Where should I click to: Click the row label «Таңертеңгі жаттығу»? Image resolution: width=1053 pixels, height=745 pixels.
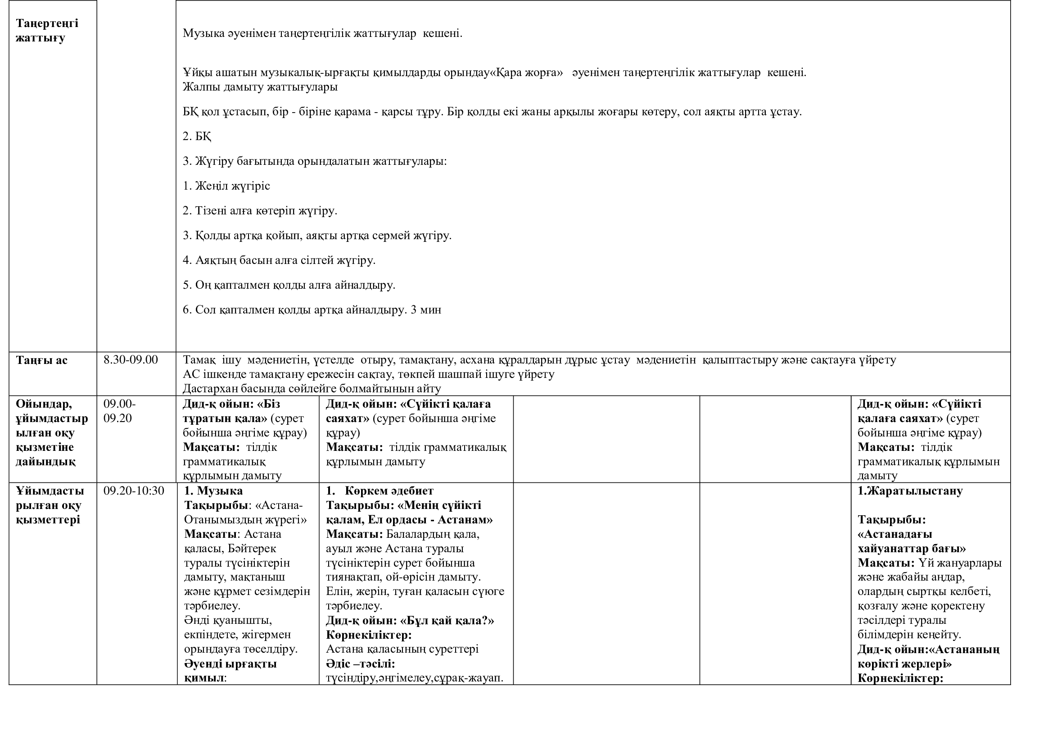[x=47, y=30]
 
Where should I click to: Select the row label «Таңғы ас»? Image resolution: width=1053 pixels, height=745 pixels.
[x=41, y=360]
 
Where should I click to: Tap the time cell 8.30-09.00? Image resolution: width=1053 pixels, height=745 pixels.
[x=130, y=359]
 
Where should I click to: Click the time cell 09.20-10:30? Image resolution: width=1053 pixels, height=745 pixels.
[x=133, y=491]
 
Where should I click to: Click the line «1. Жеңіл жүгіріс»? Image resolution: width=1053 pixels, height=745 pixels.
[x=226, y=186]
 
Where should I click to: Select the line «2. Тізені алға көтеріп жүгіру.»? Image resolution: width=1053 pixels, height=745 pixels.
[x=260, y=210]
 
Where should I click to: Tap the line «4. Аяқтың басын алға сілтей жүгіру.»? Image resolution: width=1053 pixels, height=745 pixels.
[x=279, y=260]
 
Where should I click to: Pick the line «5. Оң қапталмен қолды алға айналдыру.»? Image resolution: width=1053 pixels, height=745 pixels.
[x=289, y=285]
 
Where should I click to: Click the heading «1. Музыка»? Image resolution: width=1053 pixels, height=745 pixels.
[x=213, y=491]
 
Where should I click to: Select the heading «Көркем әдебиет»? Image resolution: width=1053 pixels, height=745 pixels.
[x=389, y=491]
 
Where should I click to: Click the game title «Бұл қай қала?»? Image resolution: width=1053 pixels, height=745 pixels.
[x=447, y=621]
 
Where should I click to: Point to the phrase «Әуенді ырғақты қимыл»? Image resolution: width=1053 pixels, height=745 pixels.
[x=230, y=671]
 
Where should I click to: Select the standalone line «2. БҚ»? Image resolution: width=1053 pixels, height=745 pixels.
[x=197, y=136]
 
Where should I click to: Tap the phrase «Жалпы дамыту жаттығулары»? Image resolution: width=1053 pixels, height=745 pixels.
[x=260, y=86]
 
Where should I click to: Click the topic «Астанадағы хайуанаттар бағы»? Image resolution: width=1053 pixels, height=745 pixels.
[x=911, y=541]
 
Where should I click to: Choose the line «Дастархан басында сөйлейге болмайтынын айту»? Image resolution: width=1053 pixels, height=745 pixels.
[x=312, y=389]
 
